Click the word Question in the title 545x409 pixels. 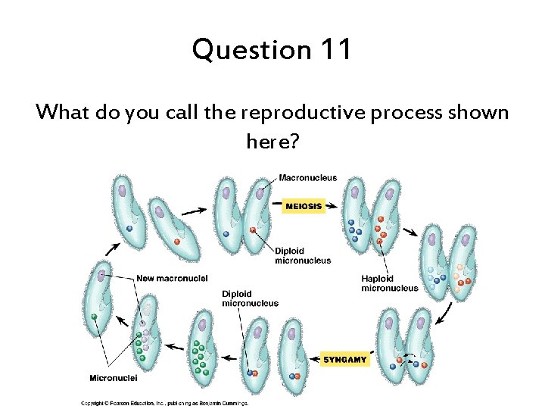tap(251, 51)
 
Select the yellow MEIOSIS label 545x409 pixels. tap(304, 206)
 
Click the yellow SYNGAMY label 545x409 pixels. tap(345, 360)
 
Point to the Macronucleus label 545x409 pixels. tap(308, 178)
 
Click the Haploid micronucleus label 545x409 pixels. tap(389, 283)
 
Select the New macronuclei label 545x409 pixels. tap(172, 278)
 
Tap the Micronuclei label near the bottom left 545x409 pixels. tap(113, 378)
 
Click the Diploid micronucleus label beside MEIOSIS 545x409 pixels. tap(303, 256)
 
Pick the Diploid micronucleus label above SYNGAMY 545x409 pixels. tap(250, 298)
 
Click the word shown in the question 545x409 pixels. tap(480, 113)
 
